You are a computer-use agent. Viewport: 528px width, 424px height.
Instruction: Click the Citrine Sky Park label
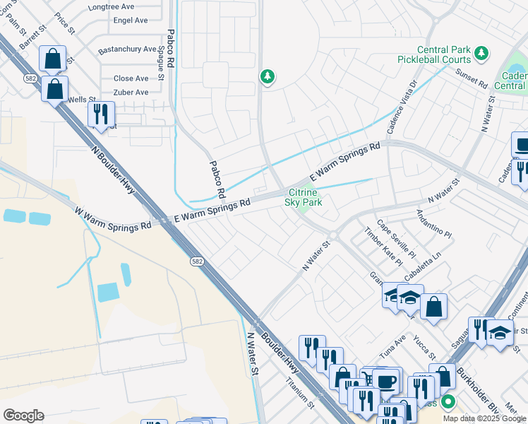304,197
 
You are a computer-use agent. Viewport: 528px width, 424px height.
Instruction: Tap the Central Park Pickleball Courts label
443,54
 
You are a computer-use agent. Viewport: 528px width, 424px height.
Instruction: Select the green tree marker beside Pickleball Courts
481,53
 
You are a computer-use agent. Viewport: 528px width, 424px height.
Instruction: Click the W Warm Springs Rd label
113,218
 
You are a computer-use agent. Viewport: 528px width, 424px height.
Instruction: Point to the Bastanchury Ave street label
127,49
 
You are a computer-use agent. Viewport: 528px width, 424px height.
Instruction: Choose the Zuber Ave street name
131,93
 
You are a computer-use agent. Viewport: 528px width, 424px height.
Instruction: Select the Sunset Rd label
472,77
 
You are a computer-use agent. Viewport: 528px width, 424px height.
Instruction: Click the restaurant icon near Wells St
101,114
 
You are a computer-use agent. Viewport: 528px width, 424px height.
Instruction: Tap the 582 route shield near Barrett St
30,78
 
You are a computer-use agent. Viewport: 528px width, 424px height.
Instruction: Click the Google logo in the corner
23,415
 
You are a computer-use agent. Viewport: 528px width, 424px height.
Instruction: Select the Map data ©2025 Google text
484,418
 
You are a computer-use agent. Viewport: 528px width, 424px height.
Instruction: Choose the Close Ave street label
131,78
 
